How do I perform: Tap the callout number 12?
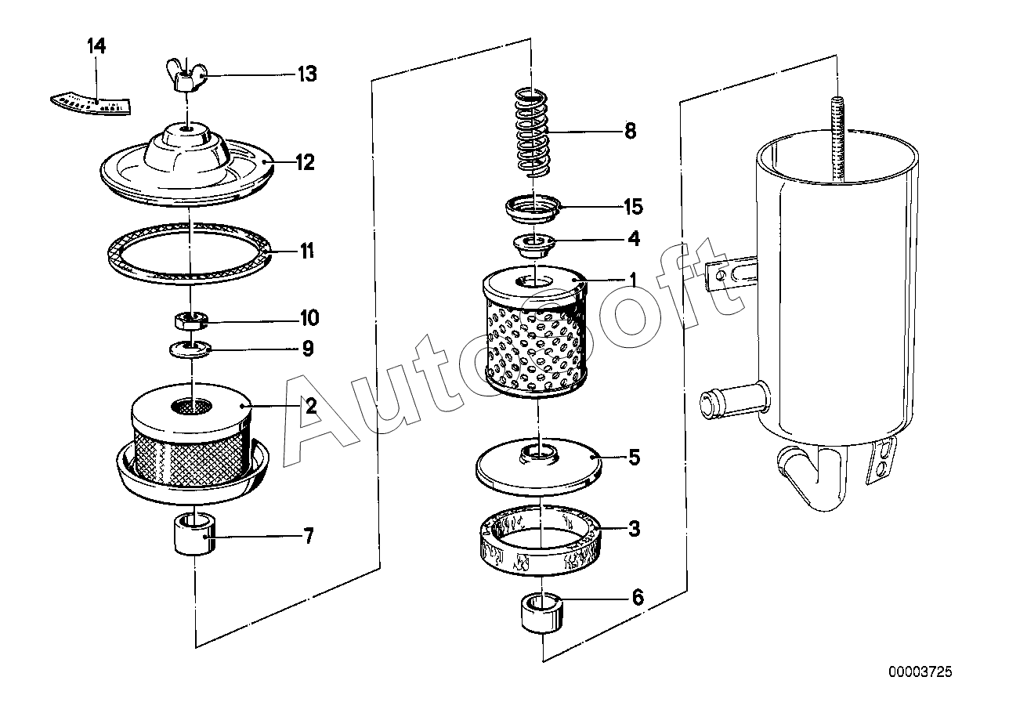coord(305,163)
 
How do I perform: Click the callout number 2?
coord(310,406)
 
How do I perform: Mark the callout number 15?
coord(633,207)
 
